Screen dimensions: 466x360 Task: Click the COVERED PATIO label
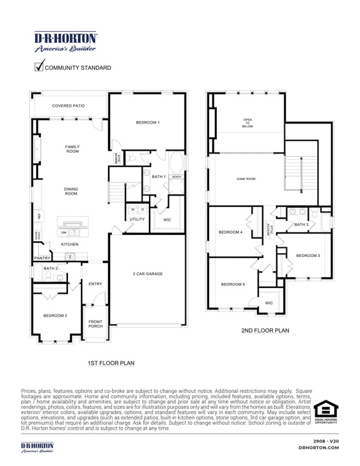tap(68, 105)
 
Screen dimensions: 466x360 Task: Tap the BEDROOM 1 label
tap(148, 122)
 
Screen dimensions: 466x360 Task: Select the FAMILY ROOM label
tap(72, 150)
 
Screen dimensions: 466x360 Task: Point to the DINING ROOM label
tap(71, 191)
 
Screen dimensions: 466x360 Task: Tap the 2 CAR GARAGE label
tap(148, 274)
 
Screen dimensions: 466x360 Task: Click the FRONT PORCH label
tap(95, 324)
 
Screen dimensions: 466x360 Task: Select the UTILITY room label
tap(137, 220)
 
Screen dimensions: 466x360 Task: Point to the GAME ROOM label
tap(246, 179)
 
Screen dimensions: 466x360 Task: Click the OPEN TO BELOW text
tap(247, 123)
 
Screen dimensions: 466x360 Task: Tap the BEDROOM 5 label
tap(233, 284)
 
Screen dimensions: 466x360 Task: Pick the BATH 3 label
tap(301, 225)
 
